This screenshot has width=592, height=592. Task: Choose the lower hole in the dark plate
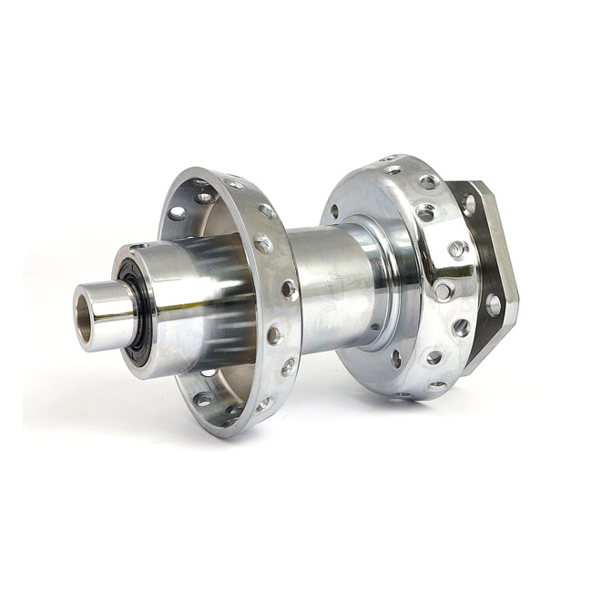point(493,304)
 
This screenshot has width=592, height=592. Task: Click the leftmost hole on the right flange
point(334,210)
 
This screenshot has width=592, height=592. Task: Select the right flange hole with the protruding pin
point(444,290)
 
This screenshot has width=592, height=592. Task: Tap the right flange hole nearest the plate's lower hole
point(461,328)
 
